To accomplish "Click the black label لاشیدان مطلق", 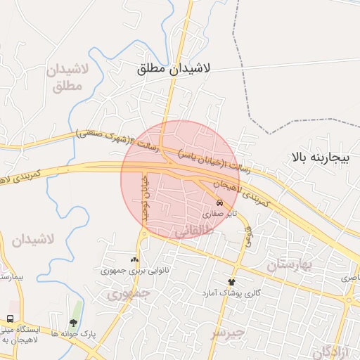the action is tap(176, 69).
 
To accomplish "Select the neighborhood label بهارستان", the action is tap(289, 264).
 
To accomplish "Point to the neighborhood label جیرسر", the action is tap(229, 331).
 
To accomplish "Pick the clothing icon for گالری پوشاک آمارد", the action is tap(231, 281).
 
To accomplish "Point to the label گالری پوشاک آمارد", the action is tap(232, 292).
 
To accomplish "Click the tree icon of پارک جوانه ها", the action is tap(73, 323).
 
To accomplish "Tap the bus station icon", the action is tap(11, 319).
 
